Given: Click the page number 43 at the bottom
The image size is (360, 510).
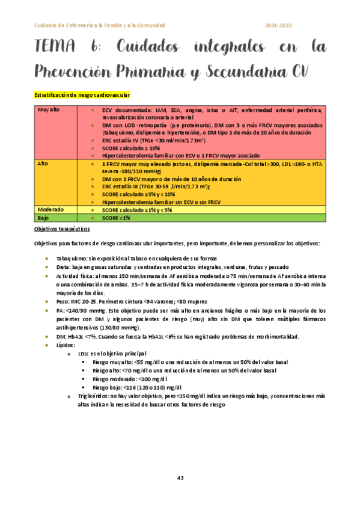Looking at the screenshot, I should click(180, 478).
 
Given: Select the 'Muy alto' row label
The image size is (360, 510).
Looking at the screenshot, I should click(48, 109).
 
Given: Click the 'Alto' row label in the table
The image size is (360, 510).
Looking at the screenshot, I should click(42, 164).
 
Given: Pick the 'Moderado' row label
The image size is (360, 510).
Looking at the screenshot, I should click(50, 209).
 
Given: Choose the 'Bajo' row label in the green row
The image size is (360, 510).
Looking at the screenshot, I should click(43, 217).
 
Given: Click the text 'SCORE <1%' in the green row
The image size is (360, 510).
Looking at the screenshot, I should click(116, 217).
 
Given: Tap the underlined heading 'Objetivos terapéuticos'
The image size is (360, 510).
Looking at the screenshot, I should click(63, 229).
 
